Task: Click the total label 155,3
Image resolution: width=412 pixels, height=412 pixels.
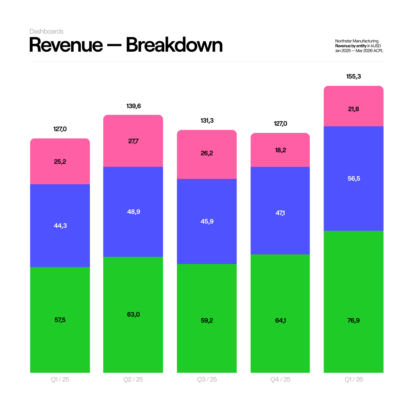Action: point(353,76)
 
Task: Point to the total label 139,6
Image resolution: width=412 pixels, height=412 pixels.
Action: point(134,106)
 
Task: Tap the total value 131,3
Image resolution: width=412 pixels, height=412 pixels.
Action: point(207,121)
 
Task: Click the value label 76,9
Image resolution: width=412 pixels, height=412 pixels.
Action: point(353,320)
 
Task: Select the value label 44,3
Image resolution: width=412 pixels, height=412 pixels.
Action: point(60,226)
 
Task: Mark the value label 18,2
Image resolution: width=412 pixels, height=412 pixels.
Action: point(280,150)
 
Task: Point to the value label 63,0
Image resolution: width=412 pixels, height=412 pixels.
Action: point(133,314)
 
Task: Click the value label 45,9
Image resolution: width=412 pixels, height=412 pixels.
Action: point(207,221)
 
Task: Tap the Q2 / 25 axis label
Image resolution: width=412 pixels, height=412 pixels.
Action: point(133,379)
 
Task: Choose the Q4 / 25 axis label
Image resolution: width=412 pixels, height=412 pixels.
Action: point(280,379)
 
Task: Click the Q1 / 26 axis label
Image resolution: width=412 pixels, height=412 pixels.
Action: point(354,379)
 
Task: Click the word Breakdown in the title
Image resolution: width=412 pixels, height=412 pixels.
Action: point(174,45)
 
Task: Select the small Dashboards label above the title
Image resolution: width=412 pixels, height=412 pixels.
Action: point(47,31)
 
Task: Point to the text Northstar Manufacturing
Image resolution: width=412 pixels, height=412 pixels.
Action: point(357,41)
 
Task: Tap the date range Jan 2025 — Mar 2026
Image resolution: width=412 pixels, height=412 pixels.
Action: point(354,51)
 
